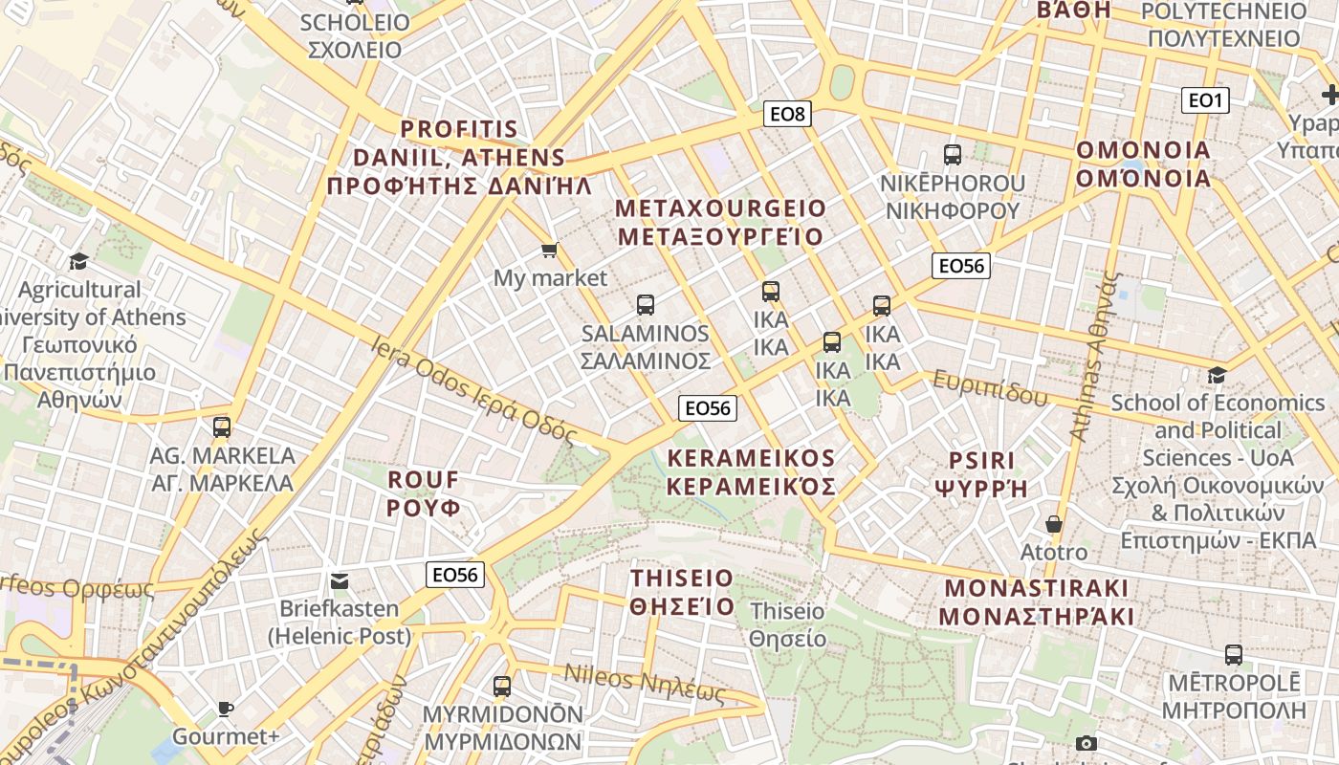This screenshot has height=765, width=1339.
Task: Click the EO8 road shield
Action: coord(789,115)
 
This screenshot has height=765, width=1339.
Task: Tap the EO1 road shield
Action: coord(1205,100)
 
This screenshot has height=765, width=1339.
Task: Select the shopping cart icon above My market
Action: coord(549,251)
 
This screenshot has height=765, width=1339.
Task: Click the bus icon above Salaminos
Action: coord(646,305)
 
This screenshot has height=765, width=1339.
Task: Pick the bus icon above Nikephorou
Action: coord(952,154)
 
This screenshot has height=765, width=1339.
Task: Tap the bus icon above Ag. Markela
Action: coord(222,426)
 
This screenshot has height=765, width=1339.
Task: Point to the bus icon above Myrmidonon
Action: coord(502,686)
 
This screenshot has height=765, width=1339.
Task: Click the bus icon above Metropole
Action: coord(1234,655)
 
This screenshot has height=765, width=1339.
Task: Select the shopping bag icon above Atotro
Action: coord(1054,524)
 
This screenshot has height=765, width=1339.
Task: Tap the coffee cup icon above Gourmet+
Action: coord(225,709)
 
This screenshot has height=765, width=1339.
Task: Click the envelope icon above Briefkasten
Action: coord(340,580)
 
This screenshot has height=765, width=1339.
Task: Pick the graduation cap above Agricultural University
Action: coord(78,261)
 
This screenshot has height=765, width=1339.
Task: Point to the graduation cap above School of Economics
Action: coord(1217,375)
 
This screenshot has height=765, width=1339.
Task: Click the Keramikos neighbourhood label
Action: coord(751,472)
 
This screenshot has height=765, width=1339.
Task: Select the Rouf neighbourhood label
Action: coord(424,492)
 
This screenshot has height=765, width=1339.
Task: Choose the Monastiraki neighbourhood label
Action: coord(1038,601)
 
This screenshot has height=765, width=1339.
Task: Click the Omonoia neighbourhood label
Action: coord(1144,164)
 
